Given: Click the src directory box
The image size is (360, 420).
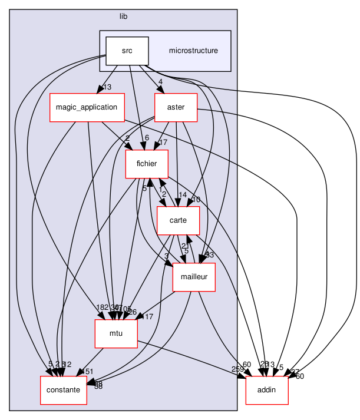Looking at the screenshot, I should (x=127, y=51).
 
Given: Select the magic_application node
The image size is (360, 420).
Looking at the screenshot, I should (x=87, y=107).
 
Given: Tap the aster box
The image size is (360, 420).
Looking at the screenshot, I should (x=176, y=107).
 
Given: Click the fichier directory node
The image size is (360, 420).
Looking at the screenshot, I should (x=143, y=164).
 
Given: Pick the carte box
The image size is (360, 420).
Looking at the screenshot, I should (x=179, y=220).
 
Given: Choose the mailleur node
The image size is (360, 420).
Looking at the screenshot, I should (x=194, y=277).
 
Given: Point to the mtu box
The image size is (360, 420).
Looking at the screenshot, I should (x=116, y=334).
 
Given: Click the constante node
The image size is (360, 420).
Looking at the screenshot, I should (x=63, y=391).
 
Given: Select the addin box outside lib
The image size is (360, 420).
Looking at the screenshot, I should (x=266, y=391).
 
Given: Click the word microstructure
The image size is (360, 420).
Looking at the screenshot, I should (x=193, y=51).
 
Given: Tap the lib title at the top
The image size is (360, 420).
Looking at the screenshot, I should (x=123, y=16).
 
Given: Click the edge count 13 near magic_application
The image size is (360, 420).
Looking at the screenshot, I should (x=107, y=88).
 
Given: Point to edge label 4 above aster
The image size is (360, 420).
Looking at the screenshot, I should (x=159, y=82).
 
